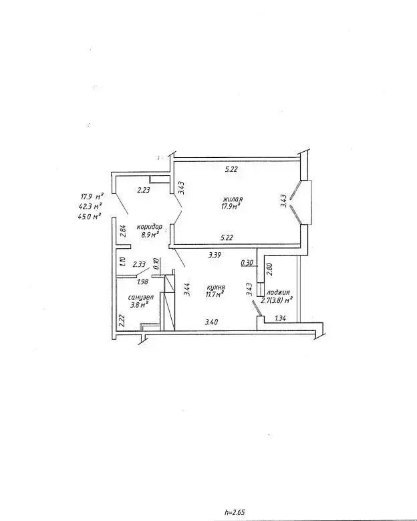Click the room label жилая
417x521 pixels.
coord(233,199)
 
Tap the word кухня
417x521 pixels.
coord(216,288)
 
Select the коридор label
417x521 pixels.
coord(150,227)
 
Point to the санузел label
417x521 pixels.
coord(141,298)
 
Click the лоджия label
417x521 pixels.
coord(278,293)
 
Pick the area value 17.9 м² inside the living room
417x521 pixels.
coord(231,207)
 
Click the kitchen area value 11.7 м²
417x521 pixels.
coord(215,294)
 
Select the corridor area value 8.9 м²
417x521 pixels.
coord(150,234)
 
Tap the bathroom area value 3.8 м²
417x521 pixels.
coord(139,305)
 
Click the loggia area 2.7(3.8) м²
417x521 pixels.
coord(277,300)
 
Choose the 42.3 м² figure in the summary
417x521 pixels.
coord(90,207)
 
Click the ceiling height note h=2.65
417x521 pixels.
coord(235,512)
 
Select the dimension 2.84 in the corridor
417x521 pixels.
coord(123,231)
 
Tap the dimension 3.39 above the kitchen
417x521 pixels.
coord(215,255)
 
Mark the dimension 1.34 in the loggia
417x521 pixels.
coord(281,318)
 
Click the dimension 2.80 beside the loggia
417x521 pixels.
coord(269,269)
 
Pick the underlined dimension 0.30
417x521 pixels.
coord(247,262)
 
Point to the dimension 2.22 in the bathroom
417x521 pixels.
coord(122,321)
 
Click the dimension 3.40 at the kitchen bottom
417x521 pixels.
coord(211,322)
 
